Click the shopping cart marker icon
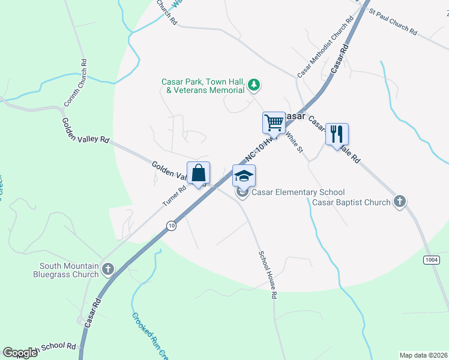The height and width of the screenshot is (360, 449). tap(274, 122)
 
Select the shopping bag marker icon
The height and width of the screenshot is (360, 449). tap(199, 173)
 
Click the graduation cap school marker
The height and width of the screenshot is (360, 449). tap(244, 176)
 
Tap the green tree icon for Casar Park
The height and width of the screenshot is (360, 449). tap(255, 85)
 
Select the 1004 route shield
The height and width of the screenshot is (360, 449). tap(431, 259)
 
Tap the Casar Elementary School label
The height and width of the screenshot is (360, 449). tap(298, 193)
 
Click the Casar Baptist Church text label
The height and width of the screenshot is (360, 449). tap(351, 202)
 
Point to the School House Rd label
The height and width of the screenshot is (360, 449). tap(268, 275)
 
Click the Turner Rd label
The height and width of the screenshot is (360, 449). tap(175, 196)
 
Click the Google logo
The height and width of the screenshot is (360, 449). tap(20, 353)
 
